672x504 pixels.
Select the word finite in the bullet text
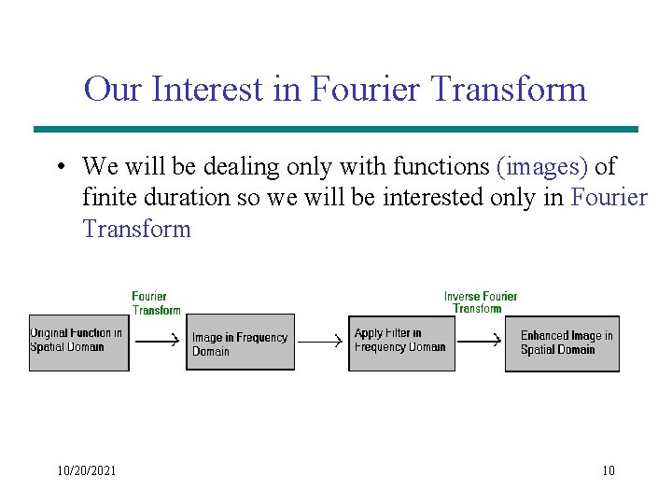(x=108, y=198)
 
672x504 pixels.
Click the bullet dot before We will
(x=60, y=168)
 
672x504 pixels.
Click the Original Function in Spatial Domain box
(x=78, y=343)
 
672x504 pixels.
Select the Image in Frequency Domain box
(x=240, y=344)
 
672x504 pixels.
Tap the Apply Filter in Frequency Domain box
(x=401, y=343)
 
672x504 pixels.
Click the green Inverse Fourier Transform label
(x=480, y=302)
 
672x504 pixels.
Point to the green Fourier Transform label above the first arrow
(x=155, y=303)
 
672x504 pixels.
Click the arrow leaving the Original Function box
(x=157, y=343)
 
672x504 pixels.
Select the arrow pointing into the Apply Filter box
(x=320, y=343)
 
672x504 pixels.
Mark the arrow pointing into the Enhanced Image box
(x=480, y=343)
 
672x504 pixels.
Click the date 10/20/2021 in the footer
(x=87, y=471)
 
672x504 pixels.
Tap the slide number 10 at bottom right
(x=609, y=471)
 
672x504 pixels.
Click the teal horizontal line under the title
(x=336, y=129)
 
